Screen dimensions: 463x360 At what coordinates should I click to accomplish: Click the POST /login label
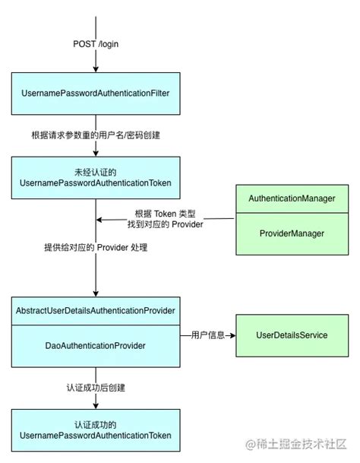[x=96, y=44]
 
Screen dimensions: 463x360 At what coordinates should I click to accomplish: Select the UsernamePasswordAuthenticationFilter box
[x=96, y=93]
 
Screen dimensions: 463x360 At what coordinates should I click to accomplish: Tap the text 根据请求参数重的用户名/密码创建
[x=96, y=135]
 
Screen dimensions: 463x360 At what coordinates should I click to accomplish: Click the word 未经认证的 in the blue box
[x=96, y=171]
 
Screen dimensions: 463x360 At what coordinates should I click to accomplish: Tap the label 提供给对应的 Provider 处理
[x=96, y=248]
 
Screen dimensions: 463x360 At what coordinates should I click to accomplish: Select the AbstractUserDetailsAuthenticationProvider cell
[x=96, y=312]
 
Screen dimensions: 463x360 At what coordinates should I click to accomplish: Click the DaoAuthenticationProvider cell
[x=96, y=345]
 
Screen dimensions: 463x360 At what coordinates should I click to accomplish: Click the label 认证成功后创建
[x=96, y=387]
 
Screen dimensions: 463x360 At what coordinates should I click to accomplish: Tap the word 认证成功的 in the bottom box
[x=96, y=424]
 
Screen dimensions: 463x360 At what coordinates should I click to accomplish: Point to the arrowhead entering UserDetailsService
[x=232, y=335]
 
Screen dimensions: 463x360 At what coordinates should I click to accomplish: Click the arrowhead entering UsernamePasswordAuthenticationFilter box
[x=96, y=70]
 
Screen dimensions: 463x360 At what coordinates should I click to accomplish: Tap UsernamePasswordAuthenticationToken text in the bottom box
[x=96, y=436]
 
